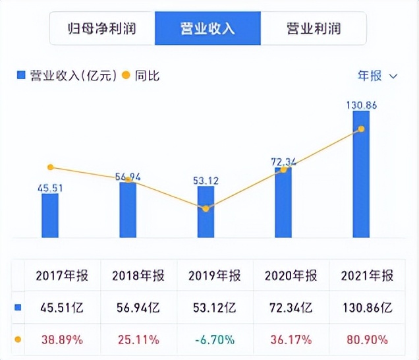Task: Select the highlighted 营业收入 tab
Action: point(208,28)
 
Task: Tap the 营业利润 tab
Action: point(314,28)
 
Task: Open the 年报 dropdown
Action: point(377,76)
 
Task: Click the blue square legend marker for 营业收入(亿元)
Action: point(20,76)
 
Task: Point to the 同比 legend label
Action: point(148,76)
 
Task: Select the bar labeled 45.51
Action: point(50,215)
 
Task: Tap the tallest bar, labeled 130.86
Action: point(361,174)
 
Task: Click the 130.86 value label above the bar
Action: point(361,104)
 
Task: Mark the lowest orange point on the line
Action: point(206,208)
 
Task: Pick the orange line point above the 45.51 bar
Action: point(51,167)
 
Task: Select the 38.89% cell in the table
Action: point(63,340)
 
